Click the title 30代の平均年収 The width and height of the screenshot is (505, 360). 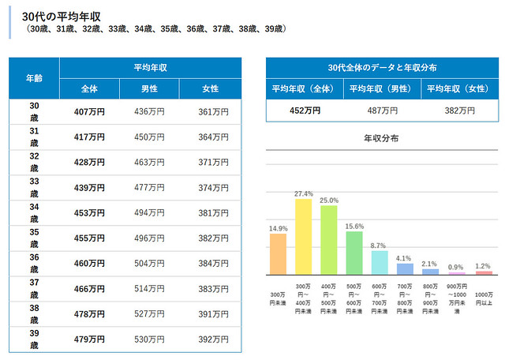62,15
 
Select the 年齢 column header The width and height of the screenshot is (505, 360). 34,77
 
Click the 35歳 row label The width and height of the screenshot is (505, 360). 34,238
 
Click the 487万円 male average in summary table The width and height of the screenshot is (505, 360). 381,111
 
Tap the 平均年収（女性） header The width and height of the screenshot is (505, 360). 458,88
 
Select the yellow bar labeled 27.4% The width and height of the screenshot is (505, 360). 304,236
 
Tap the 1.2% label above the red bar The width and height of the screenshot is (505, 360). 484,266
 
